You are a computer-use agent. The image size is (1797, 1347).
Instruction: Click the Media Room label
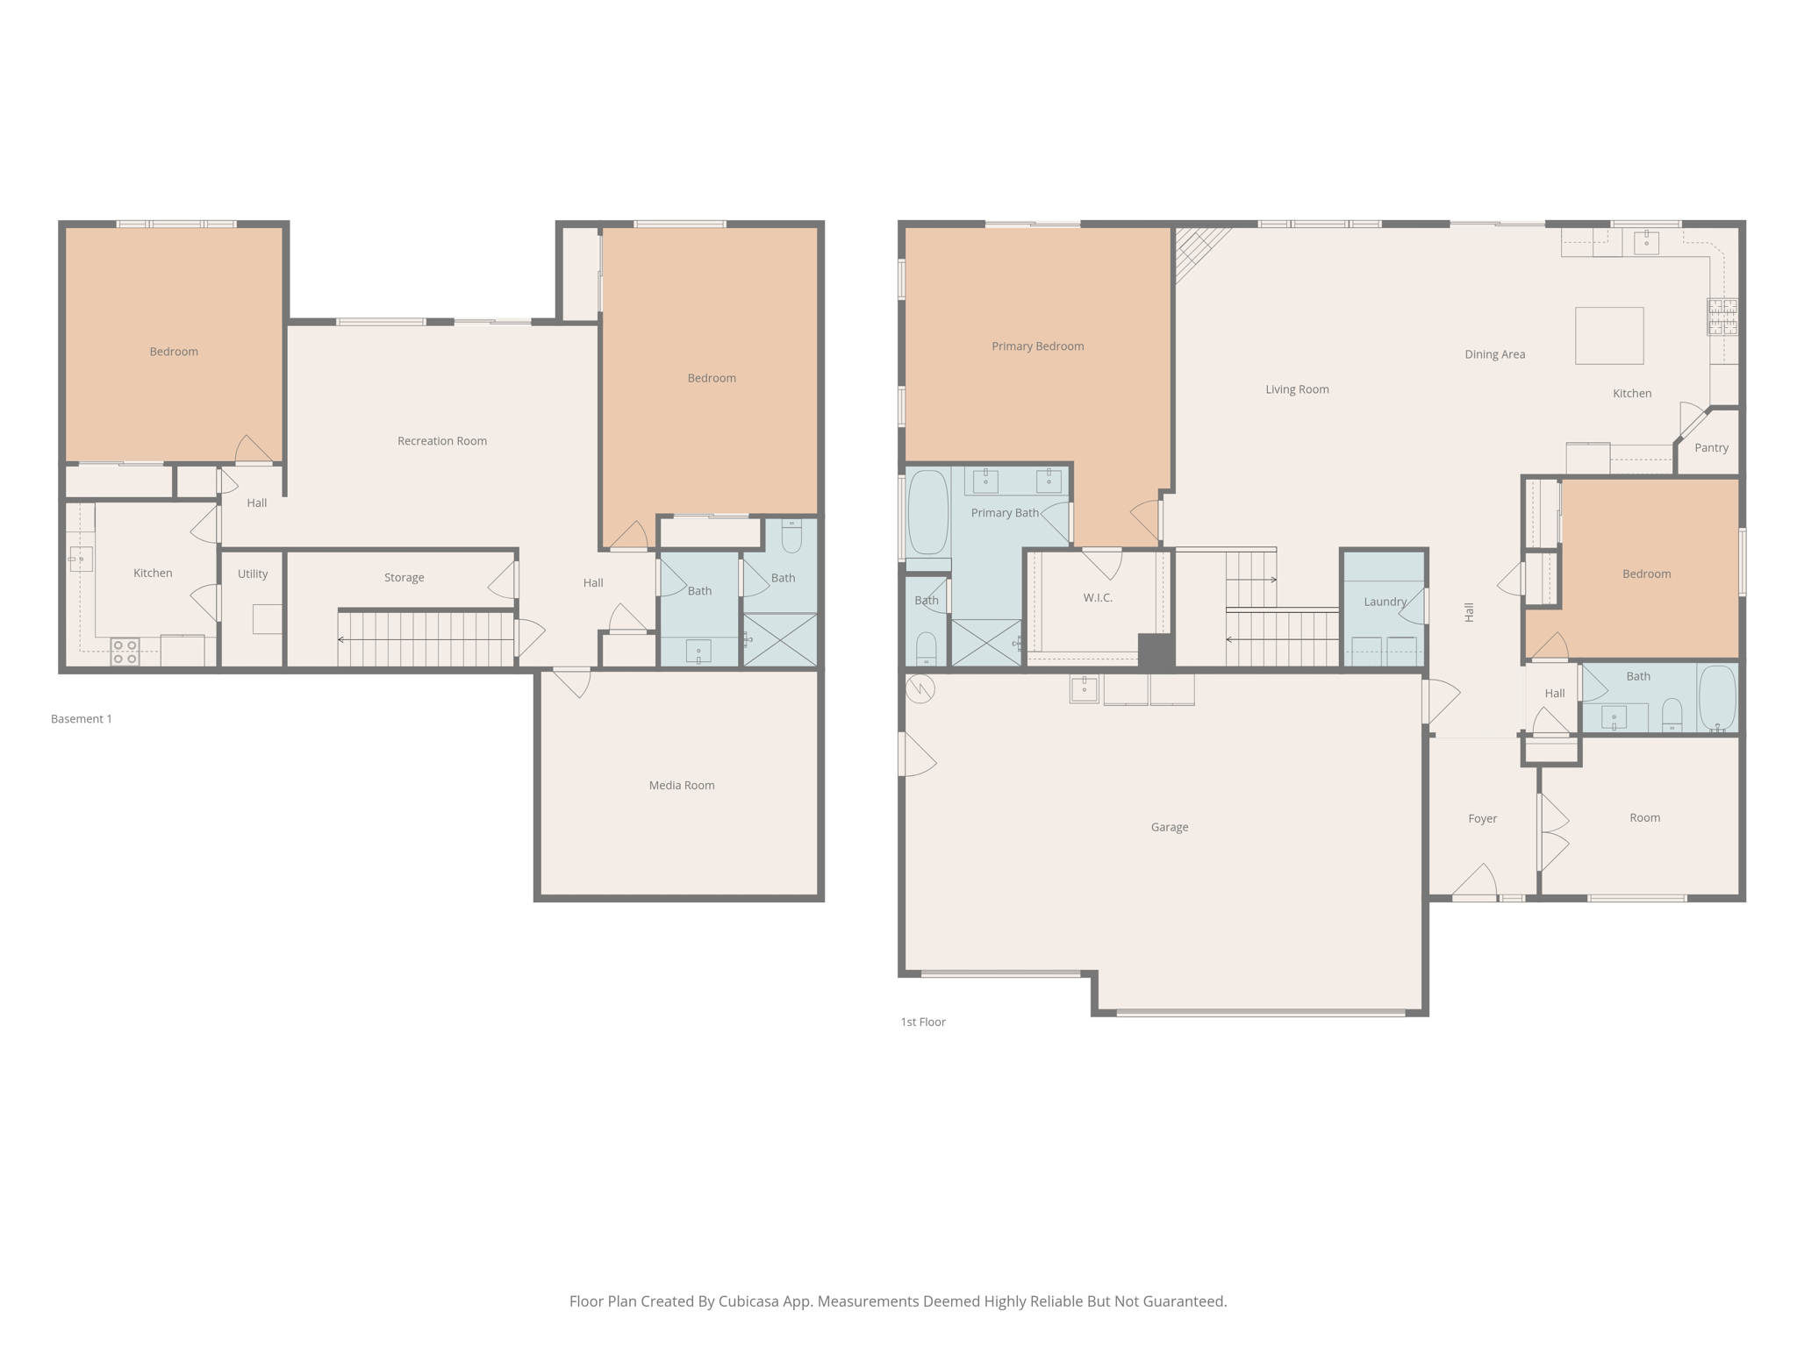pyautogui.click(x=681, y=785)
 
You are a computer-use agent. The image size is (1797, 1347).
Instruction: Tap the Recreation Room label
pyautogui.click(x=441, y=440)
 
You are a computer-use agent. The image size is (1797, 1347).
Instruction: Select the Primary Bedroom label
pyautogui.click(x=1037, y=346)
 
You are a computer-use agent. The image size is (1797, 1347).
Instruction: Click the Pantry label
pyautogui.click(x=1710, y=447)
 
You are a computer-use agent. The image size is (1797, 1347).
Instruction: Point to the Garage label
pyautogui.click(x=1169, y=826)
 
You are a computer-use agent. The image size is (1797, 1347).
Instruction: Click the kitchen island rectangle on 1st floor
pyautogui.click(x=1608, y=335)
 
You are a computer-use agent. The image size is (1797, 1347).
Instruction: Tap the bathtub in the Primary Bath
pyautogui.click(x=927, y=512)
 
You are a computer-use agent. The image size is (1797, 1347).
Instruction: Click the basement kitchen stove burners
pyautogui.click(x=125, y=652)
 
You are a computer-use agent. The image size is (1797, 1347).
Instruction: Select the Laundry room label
pyautogui.click(x=1385, y=601)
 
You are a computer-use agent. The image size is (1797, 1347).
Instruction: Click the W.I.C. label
pyautogui.click(x=1097, y=597)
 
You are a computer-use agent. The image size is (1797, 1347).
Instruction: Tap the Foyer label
pyautogui.click(x=1482, y=818)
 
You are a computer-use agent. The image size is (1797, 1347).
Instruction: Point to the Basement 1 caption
pyautogui.click(x=81, y=718)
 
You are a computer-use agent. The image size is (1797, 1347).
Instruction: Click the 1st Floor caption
pyautogui.click(x=922, y=1021)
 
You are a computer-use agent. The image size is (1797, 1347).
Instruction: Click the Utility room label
pyautogui.click(x=252, y=574)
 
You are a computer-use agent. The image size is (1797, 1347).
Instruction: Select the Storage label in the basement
pyautogui.click(x=404, y=577)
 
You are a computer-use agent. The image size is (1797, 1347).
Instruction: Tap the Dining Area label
pyautogui.click(x=1494, y=354)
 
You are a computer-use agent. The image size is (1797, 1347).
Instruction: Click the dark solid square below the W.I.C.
pyautogui.click(x=1156, y=651)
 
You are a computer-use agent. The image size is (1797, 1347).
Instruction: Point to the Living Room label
pyautogui.click(x=1296, y=388)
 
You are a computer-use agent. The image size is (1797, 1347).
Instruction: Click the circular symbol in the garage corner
pyautogui.click(x=920, y=688)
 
